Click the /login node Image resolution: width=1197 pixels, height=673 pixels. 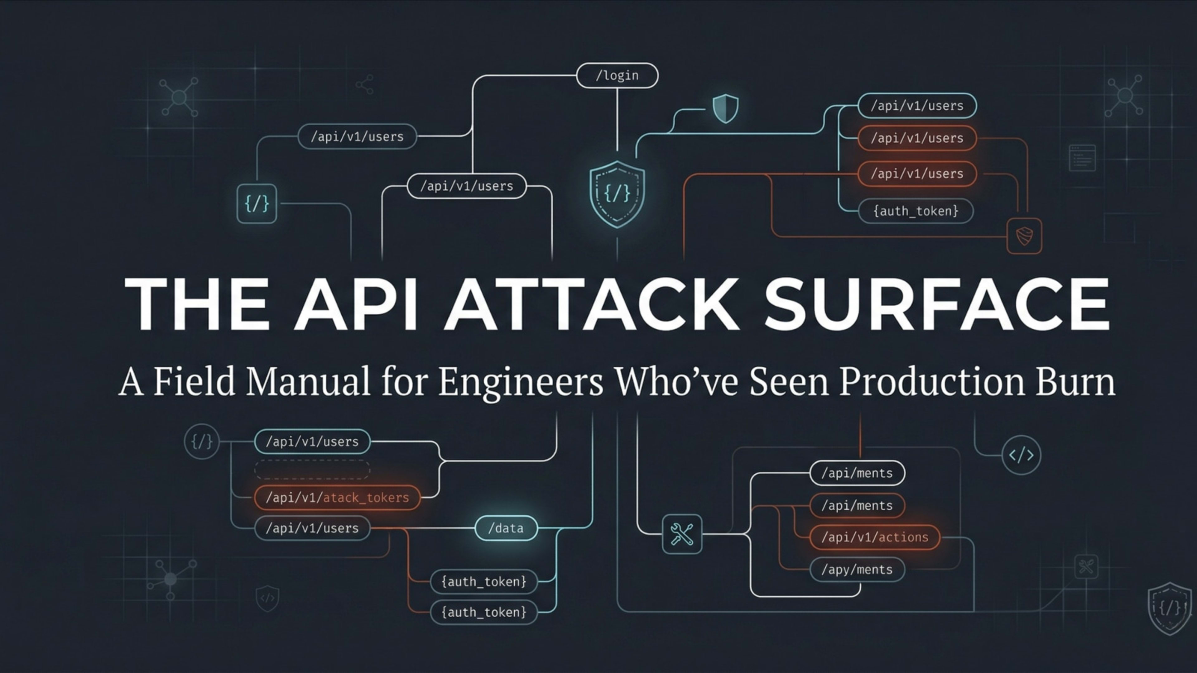point(617,75)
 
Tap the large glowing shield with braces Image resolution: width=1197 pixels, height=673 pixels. point(617,194)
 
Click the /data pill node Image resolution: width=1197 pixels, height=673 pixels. point(506,528)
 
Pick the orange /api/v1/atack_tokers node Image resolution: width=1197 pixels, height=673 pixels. point(337,498)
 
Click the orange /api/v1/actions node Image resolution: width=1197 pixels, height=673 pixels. point(874,537)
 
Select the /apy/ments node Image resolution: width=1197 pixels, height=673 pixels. point(857,570)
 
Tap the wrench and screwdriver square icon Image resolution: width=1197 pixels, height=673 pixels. point(682,534)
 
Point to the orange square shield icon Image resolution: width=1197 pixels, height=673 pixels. point(1024,236)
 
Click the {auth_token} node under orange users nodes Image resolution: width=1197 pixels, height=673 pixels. point(916,211)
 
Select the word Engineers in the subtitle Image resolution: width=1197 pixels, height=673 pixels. point(521,382)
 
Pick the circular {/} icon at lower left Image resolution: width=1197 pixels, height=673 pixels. point(202,441)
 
